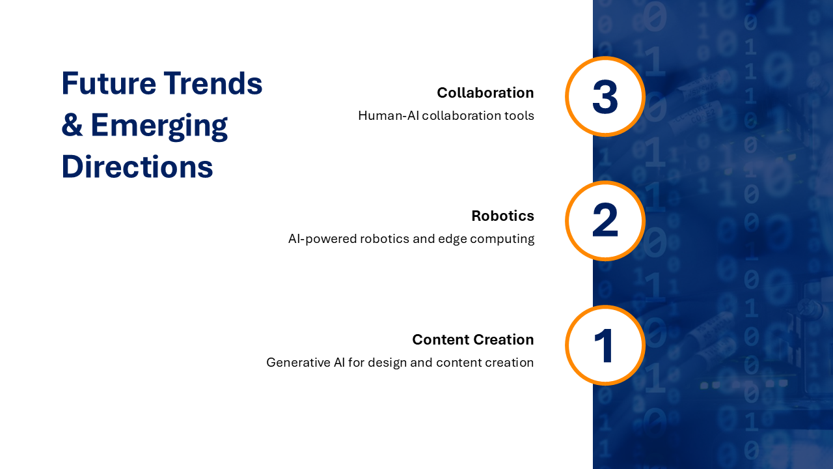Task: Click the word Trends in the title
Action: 213,83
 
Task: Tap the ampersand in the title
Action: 72,125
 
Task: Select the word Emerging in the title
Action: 159,125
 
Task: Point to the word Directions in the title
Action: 137,167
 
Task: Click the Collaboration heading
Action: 485,92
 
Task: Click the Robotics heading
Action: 502,216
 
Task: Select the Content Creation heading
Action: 472,339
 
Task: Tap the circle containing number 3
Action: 605,96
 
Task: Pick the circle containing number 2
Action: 605,221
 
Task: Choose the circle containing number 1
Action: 605,345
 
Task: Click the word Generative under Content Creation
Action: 298,363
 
